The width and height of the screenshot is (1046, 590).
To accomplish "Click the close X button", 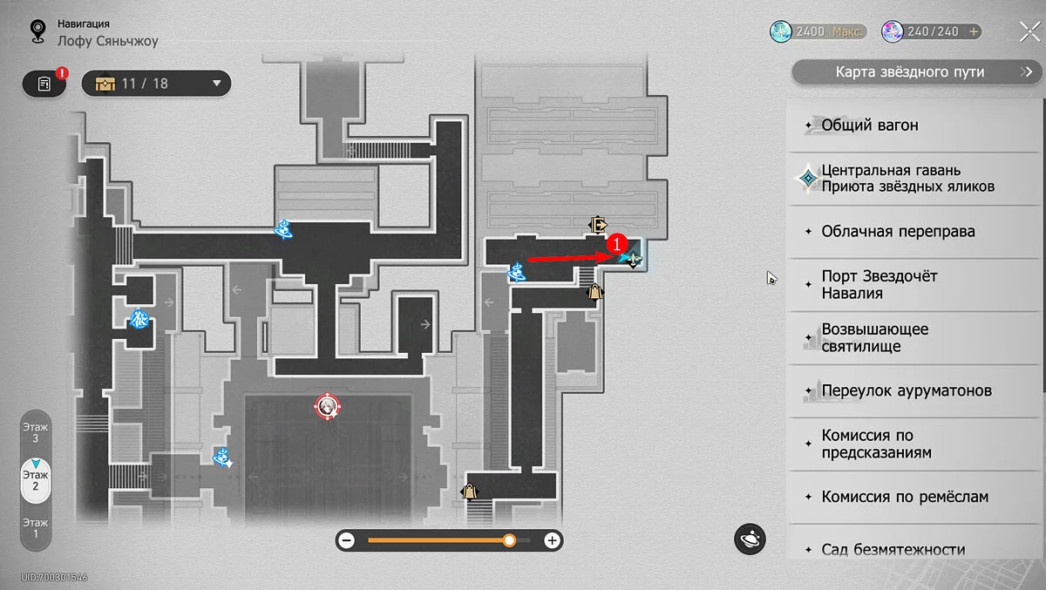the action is (1029, 31).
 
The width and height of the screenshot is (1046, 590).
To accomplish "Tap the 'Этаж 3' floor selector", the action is (36, 433).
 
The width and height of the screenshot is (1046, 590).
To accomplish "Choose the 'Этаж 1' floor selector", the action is (36, 528).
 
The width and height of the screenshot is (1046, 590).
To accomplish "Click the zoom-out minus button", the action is (347, 540).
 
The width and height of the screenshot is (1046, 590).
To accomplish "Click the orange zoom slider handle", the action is (509, 540).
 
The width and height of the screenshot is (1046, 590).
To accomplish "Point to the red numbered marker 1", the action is (617, 244).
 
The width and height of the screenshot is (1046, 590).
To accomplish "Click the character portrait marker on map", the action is (328, 407).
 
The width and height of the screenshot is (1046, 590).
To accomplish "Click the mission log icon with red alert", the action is (44, 84).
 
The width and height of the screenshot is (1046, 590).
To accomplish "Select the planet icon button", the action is (750, 539).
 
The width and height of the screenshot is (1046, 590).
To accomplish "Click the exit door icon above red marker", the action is (597, 225).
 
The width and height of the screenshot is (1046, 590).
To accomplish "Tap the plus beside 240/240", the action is (974, 31).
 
